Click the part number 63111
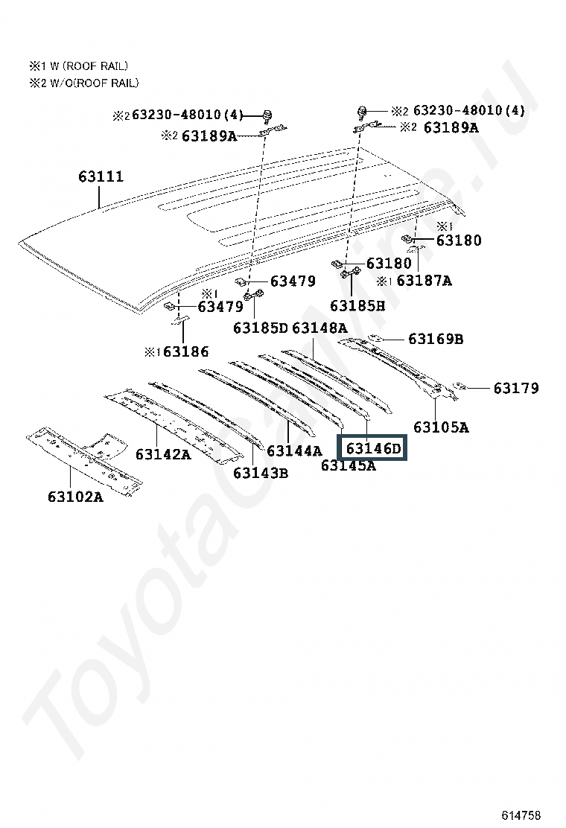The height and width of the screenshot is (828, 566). point(101,177)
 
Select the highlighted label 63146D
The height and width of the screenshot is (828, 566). point(373,448)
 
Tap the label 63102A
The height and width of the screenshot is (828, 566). point(75,497)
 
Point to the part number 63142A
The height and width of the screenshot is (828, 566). point(163,453)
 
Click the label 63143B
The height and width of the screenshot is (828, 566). point(261,472)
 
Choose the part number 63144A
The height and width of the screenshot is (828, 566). point(294,450)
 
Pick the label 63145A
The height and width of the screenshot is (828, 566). point(348,466)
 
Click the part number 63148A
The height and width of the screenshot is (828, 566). point(319,328)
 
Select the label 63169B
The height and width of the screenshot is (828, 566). point(436,340)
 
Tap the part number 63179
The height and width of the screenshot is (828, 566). point(516,388)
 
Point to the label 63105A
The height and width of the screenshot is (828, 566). point(441,427)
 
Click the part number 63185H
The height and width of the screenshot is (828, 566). point(357,305)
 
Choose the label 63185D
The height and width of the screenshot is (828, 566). point(260,328)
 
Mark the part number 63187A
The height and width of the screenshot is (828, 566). point(424,281)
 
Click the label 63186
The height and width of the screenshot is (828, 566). point(186,352)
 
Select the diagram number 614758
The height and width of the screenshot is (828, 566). point(521,815)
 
